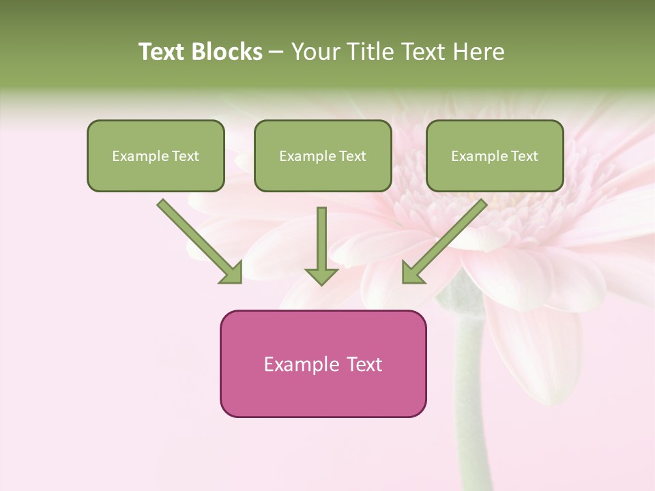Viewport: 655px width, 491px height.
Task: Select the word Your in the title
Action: click(x=315, y=52)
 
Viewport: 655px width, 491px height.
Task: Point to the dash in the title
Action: click(x=277, y=53)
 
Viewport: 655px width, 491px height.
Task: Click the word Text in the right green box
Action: click(x=524, y=156)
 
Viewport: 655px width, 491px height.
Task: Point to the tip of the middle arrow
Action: click(x=321, y=283)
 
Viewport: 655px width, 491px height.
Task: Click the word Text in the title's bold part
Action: click(x=164, y=52)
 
